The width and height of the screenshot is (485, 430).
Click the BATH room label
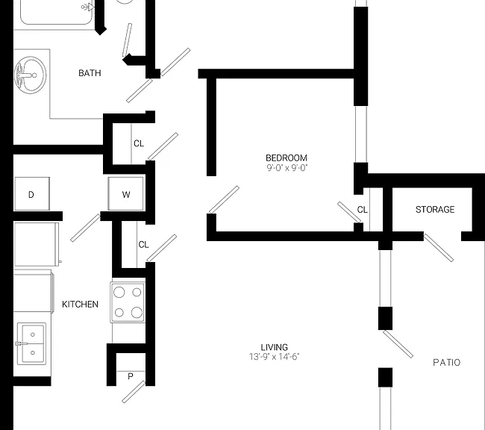click(x=90, y=73)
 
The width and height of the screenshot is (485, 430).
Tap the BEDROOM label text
click(x=287, y=158)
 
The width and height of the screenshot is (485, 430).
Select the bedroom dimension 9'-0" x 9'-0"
click(x=287, y=168)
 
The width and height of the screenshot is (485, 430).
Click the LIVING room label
click(x=274, y=347)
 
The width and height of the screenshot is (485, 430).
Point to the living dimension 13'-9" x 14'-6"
click(x=275, y=357)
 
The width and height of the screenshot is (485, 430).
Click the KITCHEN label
click(x=80, y=305)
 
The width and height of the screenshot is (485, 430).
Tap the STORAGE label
click(x=435, y=210)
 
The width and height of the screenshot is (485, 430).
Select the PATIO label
click(x=447, y=362)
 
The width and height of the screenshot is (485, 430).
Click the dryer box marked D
click(x=32, y=194)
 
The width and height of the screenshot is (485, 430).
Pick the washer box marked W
click(x=126, y=194)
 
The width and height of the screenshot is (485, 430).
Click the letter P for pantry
click(x=131, y=376)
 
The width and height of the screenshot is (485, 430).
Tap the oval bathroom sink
click(x=31, y=75)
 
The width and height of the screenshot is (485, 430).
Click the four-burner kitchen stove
click(x=128, y=302)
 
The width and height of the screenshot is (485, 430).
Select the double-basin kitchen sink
click(x=32, y=343)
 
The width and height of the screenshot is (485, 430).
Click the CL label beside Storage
click(x=362, y=210)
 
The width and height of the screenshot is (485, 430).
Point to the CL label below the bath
click(x=139, y=143)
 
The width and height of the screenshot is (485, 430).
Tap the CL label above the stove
click(x=143, y=245)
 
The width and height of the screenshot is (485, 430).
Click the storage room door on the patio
click(x=439, y=248)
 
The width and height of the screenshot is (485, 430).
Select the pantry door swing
click(x=134, y=392)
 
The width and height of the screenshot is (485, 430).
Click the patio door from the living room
click(x=398, y=344)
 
